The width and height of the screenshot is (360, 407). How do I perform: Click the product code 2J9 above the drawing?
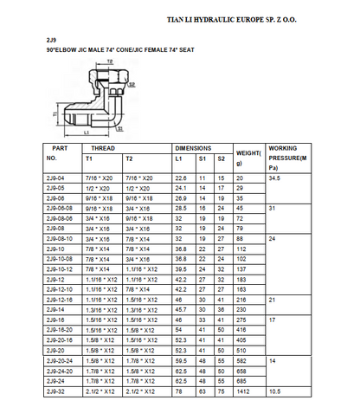(x=51, y=41)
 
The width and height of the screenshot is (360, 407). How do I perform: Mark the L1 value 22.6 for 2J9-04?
(x=182, y=178)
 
